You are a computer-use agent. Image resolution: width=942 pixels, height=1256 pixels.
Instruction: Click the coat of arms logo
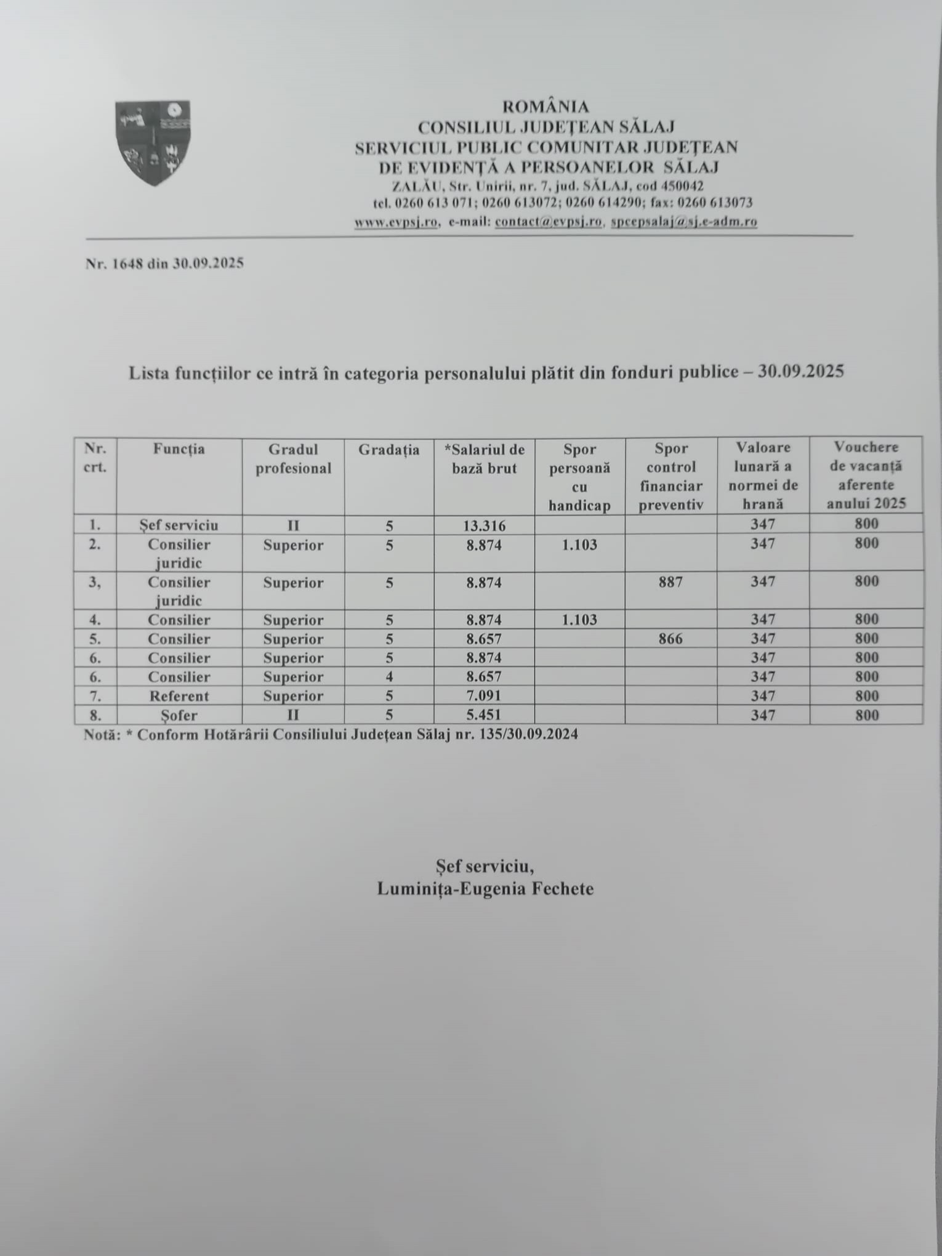click(153, 142)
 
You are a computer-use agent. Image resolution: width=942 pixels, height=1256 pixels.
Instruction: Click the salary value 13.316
click(484, 525)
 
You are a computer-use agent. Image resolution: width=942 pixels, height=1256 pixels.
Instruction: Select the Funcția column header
click(179, 449)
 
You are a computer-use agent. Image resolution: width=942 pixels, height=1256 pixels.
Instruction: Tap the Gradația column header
click(389, 450)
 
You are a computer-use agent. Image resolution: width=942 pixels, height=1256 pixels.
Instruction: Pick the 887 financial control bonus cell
click(670, 582)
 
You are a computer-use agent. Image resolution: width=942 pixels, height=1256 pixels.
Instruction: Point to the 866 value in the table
click(670, 639)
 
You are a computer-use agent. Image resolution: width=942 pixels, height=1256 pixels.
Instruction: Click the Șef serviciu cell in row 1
click(179, 525)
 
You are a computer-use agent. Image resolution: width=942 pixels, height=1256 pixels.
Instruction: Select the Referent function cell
click(179, 696)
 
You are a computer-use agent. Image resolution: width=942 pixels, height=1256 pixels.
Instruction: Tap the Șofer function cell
click(179, 715)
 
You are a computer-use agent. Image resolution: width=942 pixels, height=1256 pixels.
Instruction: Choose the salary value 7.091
click(484, 696)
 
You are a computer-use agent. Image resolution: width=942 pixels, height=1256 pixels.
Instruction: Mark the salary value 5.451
click(484, 715)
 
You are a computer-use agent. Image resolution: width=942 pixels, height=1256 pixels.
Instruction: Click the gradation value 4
click(389, 677)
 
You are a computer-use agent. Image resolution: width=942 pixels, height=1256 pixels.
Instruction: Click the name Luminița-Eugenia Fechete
click(485, 889)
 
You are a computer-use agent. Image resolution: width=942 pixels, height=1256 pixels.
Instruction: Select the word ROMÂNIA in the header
click(545, 107)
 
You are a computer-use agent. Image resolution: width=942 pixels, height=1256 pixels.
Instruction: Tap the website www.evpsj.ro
click(396, 222)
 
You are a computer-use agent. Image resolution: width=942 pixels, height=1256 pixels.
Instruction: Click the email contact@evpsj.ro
click(549, 222)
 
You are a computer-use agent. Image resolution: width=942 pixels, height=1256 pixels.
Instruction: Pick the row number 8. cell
click(95, 715)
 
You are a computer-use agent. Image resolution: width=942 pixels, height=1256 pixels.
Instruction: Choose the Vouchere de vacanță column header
click(866, 475)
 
